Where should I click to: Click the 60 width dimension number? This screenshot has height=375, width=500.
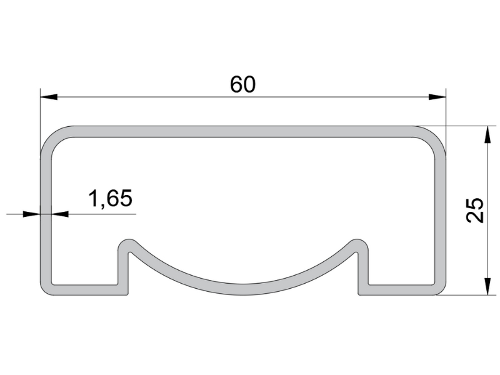pyautogui.click(x=242, y=84)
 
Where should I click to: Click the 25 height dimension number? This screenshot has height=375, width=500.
pyautogui.click(x=475, y=210)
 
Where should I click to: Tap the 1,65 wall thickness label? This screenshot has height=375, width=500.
pyautogui.click(x=110, y=198)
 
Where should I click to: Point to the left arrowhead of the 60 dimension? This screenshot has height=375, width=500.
pyautogui.click(x=49, y=97)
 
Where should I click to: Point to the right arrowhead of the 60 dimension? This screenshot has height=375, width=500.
pyautogui.click(x=437, y=97)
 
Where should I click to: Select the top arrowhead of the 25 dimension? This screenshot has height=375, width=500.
pyautogui.click(x=487, y=135)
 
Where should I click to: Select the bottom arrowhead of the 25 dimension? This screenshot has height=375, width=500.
pyautogui.click(x=487, y=286)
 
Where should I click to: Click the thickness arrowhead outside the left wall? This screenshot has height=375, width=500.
pyautogui.click(x=32, y=214)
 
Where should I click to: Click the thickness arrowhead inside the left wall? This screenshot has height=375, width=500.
pyautogui.click(x=59, y=214)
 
